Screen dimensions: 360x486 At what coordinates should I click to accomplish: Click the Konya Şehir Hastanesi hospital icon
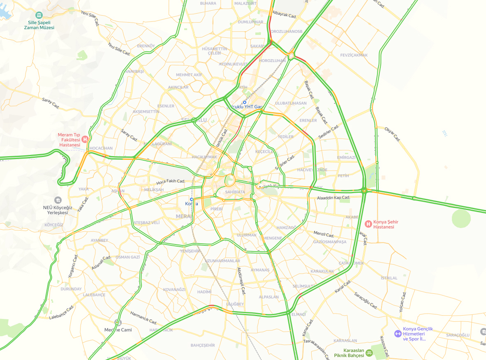368,224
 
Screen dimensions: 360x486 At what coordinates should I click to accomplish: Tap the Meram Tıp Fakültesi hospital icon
85,139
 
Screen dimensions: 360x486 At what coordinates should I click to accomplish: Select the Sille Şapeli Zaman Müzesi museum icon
39,15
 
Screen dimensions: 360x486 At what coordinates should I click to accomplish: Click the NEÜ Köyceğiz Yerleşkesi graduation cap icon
58,200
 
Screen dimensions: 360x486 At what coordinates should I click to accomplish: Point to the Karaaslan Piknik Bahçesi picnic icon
369,352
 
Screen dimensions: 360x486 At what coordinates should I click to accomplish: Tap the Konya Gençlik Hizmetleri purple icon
398,334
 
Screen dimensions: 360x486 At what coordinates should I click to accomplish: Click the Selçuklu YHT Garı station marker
244,102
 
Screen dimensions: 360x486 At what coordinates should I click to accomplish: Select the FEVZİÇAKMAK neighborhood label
354,55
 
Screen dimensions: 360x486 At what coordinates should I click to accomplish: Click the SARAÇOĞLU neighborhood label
458,335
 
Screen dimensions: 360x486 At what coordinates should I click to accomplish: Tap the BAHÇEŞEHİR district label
203,345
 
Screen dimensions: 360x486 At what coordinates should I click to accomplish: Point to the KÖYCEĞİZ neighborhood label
54,225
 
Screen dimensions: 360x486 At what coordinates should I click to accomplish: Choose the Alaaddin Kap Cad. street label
333,198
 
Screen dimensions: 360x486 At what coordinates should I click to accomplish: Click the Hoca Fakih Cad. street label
171,181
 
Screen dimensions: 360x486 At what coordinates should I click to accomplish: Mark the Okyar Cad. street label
392,134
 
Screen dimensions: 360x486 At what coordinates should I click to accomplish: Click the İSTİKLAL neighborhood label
389,278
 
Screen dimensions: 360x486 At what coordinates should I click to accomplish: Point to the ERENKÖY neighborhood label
146,46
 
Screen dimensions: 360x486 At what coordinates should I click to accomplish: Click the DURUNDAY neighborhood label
71,289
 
